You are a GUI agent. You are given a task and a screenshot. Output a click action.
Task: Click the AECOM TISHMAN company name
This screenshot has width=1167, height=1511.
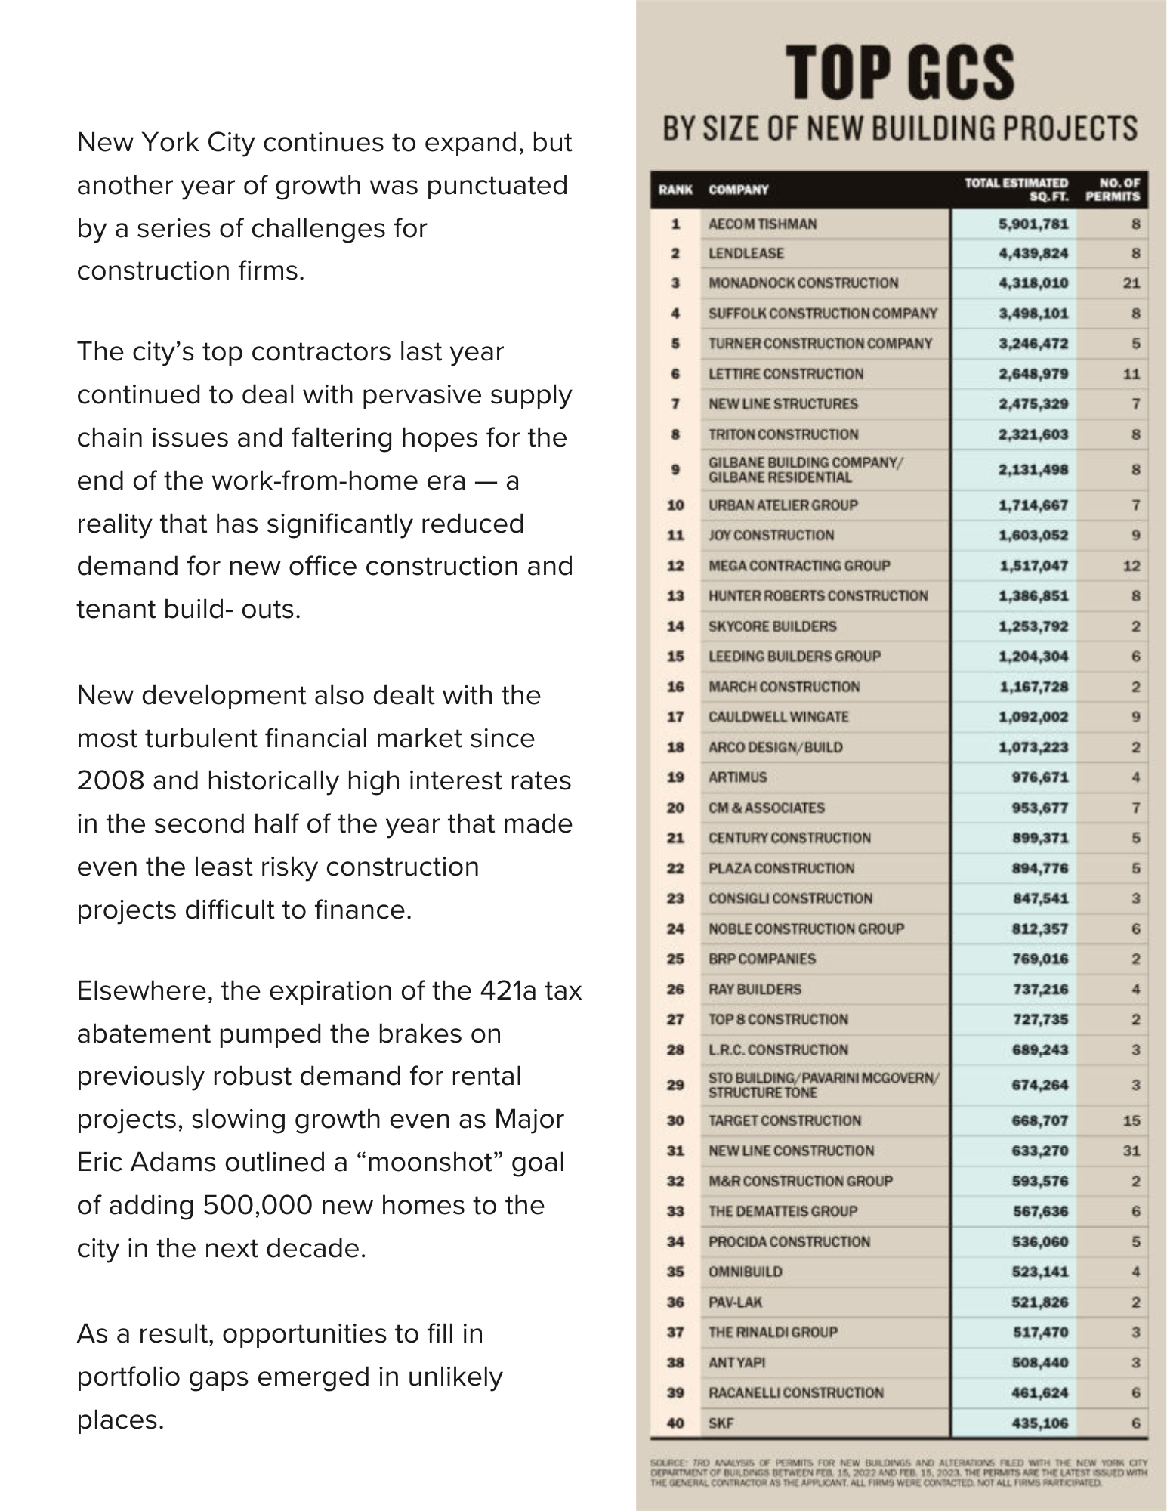[762, 224]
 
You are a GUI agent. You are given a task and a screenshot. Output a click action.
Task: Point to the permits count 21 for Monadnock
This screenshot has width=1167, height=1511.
[1131, 283]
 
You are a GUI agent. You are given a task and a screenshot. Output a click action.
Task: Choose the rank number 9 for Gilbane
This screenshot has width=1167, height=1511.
[676, 469]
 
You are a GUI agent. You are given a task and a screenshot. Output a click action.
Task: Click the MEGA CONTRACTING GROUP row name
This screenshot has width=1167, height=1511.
[799, 566]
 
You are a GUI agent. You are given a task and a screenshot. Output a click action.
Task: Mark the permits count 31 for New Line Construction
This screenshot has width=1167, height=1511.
[1131, 1151]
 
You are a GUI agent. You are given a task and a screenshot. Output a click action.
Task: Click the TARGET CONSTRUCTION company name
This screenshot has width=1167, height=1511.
[784, 1120]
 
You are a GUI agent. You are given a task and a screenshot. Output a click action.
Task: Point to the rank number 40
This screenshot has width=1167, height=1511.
[675, 1423]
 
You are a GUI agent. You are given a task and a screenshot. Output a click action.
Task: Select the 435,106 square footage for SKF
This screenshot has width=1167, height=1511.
[1039, 1423]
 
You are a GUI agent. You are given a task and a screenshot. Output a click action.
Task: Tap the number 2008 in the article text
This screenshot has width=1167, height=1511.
[110, 781]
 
